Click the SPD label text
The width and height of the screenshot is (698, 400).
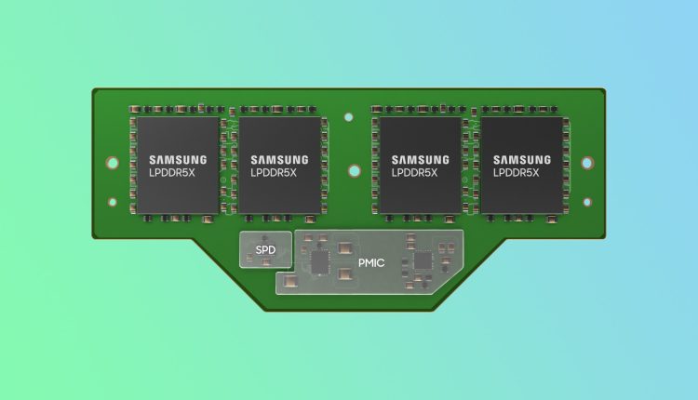point(265,250)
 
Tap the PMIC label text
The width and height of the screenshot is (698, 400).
point(371,263)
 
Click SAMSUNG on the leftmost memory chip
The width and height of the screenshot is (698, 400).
point(178,160)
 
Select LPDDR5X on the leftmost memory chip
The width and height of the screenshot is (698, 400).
point(172,173)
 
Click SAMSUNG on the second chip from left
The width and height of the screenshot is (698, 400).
point(279,160)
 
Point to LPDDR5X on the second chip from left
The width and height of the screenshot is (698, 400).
point(274,173)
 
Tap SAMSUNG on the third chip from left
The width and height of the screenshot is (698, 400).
point(421,160)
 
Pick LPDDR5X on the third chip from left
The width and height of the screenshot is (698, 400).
point(414,173)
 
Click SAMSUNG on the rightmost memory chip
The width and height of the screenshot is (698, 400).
point(522,160)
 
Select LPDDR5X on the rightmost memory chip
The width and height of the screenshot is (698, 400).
point(516,173)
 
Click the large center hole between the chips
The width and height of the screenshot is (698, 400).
point(355,171)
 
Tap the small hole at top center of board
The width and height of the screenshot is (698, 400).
point(349,117)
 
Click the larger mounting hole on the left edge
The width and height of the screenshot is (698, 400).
point(113,163)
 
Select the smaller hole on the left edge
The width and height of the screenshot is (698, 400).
point(113,203)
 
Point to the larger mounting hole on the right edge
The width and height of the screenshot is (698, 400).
point(587,163)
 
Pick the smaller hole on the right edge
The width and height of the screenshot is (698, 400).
point(587,203)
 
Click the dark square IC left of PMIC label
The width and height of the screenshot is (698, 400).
point(319,262)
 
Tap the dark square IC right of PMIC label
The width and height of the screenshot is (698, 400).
point(423,260)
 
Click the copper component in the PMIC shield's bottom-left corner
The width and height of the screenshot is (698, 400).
point(290,281)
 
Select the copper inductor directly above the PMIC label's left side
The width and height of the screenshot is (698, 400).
point(345,248)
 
